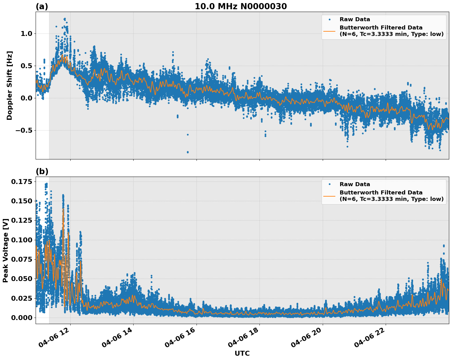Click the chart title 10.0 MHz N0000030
point(241,6)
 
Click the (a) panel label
point(42,6)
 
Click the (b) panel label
point(42,171)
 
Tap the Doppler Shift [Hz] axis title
point(10,85)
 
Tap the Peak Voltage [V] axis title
point(6,250)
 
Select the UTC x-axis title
point(242,353)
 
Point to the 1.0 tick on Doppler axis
point(26,33)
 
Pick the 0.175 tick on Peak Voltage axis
point(21,182)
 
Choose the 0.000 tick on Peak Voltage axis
point(21,318)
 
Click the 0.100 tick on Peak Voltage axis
point(21,240)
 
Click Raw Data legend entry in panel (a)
point(355,19)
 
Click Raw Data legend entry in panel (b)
point(355,184)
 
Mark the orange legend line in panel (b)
point(329,196)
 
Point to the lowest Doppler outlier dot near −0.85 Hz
point(188,152)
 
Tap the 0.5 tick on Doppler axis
point(26,66)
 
